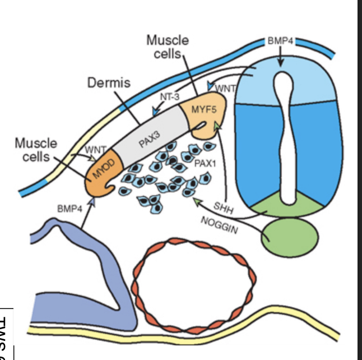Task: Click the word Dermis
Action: click(109, 83)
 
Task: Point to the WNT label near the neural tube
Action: click(226, 88)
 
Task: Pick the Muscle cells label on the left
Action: click(35, 149)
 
